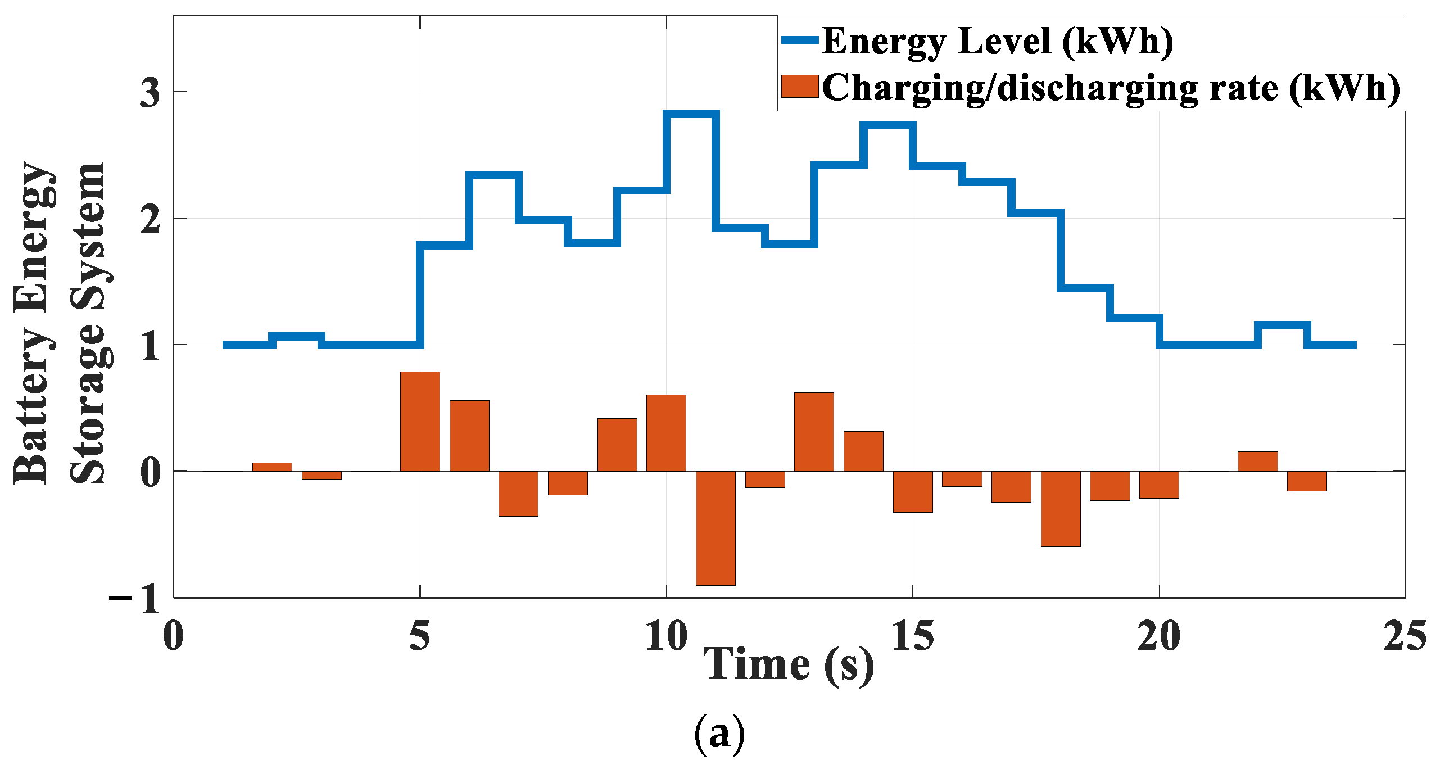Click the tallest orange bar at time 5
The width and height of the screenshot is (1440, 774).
(420, 421)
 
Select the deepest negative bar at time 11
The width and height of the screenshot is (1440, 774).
(716, 528)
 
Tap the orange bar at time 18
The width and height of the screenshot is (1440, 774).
(1061, 508)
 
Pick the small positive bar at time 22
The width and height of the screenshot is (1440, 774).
(1258, 461)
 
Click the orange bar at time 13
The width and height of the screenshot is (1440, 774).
(814, 431)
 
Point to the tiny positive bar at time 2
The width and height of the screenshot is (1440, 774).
(272, 467)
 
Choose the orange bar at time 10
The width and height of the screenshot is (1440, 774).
(666, 432)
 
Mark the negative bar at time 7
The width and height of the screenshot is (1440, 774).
(518, 493)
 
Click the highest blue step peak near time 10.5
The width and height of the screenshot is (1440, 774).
(691, 114)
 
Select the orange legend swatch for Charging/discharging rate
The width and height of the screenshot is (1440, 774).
(799, 87)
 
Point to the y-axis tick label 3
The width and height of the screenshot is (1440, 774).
(150, 92)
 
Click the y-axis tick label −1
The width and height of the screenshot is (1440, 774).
(135, 599)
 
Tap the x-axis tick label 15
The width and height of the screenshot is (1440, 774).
(912, 636)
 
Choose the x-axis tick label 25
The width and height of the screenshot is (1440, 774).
(1405, 636)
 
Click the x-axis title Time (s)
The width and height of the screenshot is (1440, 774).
(788, 664)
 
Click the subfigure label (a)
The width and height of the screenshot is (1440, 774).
(719, 733)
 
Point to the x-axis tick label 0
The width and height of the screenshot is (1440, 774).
(173, 636)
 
